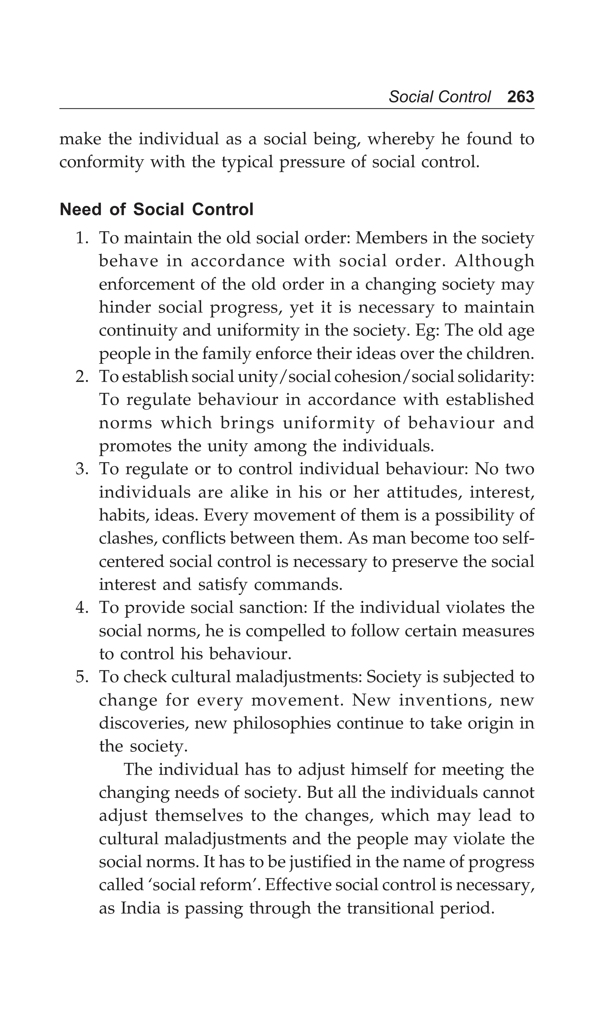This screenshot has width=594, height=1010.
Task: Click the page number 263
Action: click(x=520, y=97)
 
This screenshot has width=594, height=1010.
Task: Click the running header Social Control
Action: click(x=439, y=97)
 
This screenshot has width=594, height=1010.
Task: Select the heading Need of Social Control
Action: click(x=156, y=210)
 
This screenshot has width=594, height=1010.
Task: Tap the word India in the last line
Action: click(x=141, y=908)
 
